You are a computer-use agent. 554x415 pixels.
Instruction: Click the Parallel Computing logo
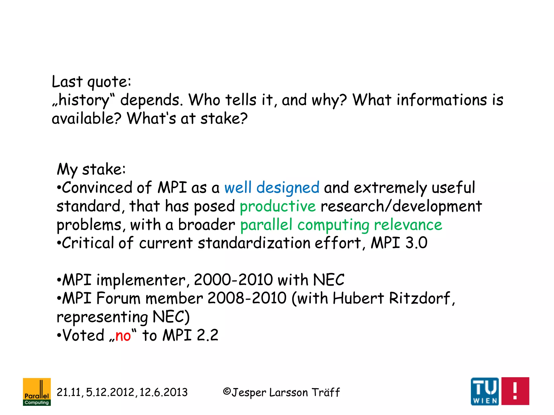[x=37, y=391]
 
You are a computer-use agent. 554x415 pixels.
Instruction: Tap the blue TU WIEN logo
[x=485, y=391]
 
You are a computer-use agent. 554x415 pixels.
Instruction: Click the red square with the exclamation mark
[x=515, y=391]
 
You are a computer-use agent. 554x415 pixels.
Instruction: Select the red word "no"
[x=123, y=336]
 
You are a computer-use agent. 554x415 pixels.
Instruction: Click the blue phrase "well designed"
[x=272, y=188]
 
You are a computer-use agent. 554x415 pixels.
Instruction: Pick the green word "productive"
[x=278, y=206]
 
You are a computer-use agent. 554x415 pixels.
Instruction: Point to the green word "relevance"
[x=408, y=225]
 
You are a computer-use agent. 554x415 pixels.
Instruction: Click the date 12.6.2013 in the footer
[x=163, y=392]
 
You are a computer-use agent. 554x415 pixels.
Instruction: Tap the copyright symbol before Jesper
[x=227, y=391]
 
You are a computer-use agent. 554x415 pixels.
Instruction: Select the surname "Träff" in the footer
[x=326, y=392]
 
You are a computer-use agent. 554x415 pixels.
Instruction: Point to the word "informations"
[x=442, y=100]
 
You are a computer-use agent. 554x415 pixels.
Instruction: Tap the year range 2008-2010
[x=247, y=298]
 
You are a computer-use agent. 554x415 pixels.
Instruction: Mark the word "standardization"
[x=254, y=243]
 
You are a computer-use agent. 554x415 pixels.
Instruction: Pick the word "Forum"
[x=118, y=298]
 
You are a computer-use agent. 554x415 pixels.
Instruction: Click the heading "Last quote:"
[x=91, y=82]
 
